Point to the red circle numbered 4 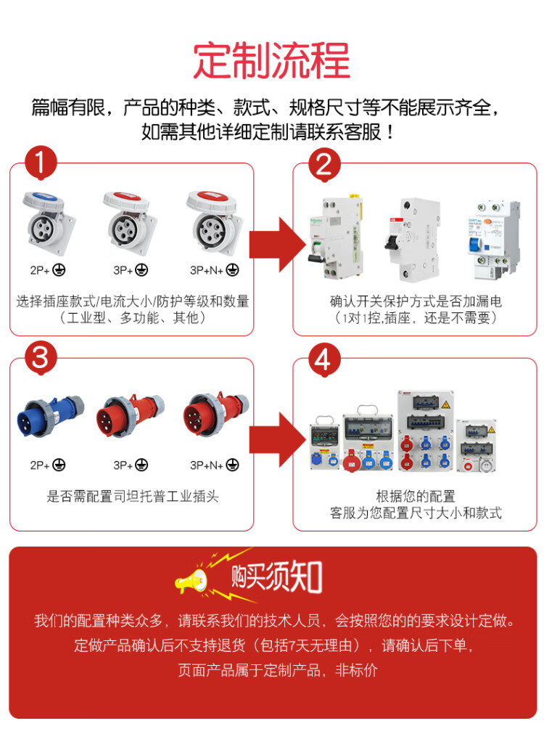click(323, 358)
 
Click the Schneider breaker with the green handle click(334, 236)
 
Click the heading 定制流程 click(272, 61)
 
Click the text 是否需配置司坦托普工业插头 click(132, 497)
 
